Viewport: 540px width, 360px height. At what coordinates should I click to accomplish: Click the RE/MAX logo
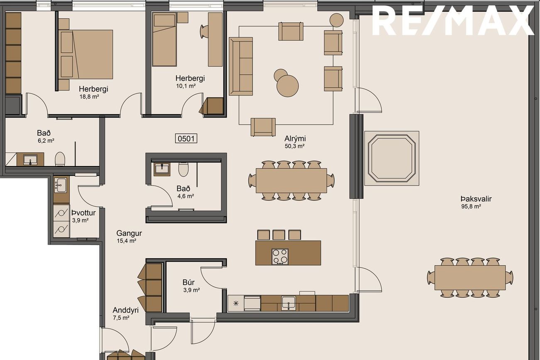[453, 20]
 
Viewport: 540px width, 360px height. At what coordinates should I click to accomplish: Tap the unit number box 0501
[186, 139]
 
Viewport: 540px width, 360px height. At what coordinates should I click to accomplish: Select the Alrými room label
[295, 139]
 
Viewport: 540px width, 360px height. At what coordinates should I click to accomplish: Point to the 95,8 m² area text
[471, 206]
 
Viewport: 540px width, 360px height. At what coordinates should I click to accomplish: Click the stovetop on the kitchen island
[280, 256]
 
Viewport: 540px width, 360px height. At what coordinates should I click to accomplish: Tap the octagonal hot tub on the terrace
[392, 158]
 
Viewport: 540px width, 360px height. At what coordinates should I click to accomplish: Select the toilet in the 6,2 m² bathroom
[60, 159]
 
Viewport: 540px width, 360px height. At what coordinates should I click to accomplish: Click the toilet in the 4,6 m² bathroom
[184, 169]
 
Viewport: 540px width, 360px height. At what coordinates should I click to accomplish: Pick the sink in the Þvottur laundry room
[60, 185]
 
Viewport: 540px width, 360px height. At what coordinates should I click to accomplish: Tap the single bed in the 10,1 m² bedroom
[164, 39]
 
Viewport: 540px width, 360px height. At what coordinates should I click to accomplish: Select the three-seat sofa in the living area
[241, 66]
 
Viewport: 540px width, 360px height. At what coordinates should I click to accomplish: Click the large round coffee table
[287, 86]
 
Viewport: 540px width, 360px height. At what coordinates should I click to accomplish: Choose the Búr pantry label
[189, 282]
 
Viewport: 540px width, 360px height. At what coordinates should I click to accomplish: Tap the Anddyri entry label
[125, 310]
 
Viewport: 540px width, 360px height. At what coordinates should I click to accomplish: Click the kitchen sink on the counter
[289, 303]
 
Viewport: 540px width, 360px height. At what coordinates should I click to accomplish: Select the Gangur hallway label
[129, 233]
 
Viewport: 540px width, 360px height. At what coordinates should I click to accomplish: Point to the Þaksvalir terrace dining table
[470, 278]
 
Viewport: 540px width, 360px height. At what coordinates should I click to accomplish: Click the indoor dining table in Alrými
[292, 181]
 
